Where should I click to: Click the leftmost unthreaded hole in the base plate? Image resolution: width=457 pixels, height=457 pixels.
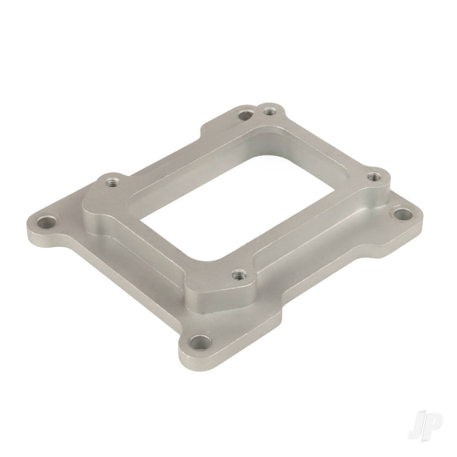click(47, 223)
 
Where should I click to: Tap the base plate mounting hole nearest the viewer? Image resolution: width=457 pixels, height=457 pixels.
click(201, 343)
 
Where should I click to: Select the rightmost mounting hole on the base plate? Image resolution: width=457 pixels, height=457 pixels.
click(403, 214)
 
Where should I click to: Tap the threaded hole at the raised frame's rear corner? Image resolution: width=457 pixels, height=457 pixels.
click(268, 111)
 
